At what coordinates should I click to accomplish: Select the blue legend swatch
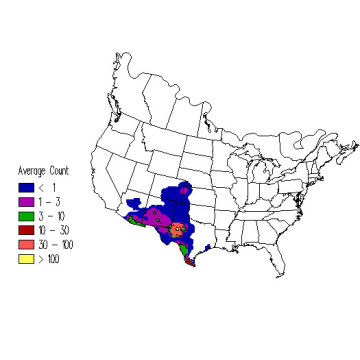(x=24, y=187)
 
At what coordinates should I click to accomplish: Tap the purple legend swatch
(x=24, y=201)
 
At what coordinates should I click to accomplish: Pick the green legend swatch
(x=24, y=215)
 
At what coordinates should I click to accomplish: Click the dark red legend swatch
(x=24, y=229)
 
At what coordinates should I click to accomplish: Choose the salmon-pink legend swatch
(x=24, y=244)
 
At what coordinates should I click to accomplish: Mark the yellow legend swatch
(x=24, y=258)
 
